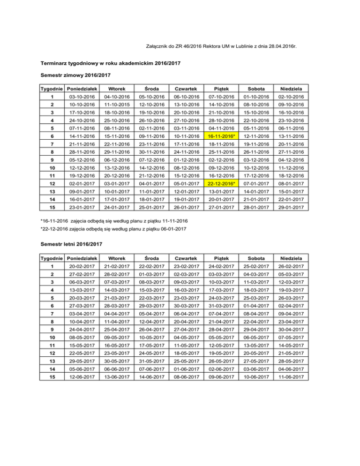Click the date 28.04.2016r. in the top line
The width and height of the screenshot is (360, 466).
click(285, 46)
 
